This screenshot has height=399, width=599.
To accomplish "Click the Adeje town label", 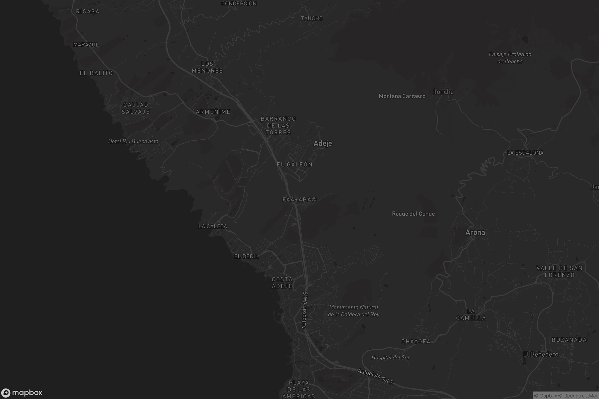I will [x=323, y=144].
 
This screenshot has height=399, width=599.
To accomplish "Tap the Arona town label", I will [x=475, y=232].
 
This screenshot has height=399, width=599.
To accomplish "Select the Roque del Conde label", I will [x=413, y=214].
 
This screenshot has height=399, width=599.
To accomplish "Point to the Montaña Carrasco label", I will [x=402, y=96].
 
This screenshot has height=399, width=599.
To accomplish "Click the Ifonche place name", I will [x=443, y=92].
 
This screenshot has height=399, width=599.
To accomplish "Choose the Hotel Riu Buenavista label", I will [x=133, y=141].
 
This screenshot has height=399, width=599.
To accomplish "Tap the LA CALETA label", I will [x=213, y=226].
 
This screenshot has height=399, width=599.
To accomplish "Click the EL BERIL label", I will [x=246, y=257].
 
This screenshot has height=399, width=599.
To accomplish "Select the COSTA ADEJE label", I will [x=282, y=283].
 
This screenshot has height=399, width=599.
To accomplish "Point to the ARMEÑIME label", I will [x=213, y=112].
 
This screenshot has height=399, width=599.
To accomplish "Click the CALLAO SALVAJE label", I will [x=136, y=108].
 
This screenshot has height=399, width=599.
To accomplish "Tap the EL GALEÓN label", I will [x=295, y=165].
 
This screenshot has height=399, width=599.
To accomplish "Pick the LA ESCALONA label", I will [x=525, y=153].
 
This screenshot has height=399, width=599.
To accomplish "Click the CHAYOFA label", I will [x=416, y=341].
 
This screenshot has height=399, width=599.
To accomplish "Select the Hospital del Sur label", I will [x=390, y=358].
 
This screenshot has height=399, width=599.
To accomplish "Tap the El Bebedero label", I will [x=540, y=354].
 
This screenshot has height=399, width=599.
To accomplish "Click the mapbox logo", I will [x=22, y=393].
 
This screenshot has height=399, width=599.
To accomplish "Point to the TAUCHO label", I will [x=312, y=18].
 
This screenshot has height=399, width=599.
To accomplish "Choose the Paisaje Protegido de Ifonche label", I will [x=510, y=58].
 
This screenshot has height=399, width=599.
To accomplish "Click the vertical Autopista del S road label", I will [x=304, y=310].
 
